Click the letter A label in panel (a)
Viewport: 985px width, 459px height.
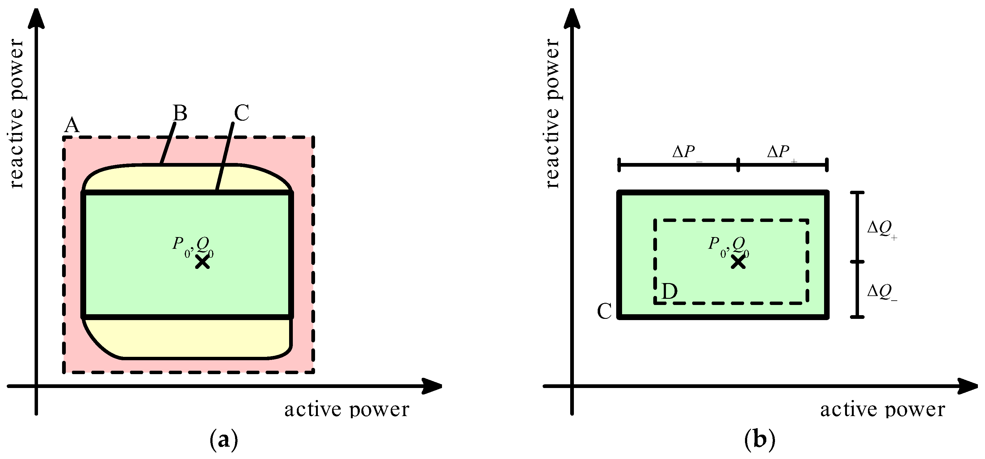pos(72,125)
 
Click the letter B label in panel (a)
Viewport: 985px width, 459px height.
pos(180,113)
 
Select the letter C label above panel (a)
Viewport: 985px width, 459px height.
pos(241,113)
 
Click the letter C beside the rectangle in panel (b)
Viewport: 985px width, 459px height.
pos(604,311)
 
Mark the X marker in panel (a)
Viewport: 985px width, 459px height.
pos(202,262)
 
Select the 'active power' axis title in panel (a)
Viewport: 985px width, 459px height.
pos(347,410)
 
